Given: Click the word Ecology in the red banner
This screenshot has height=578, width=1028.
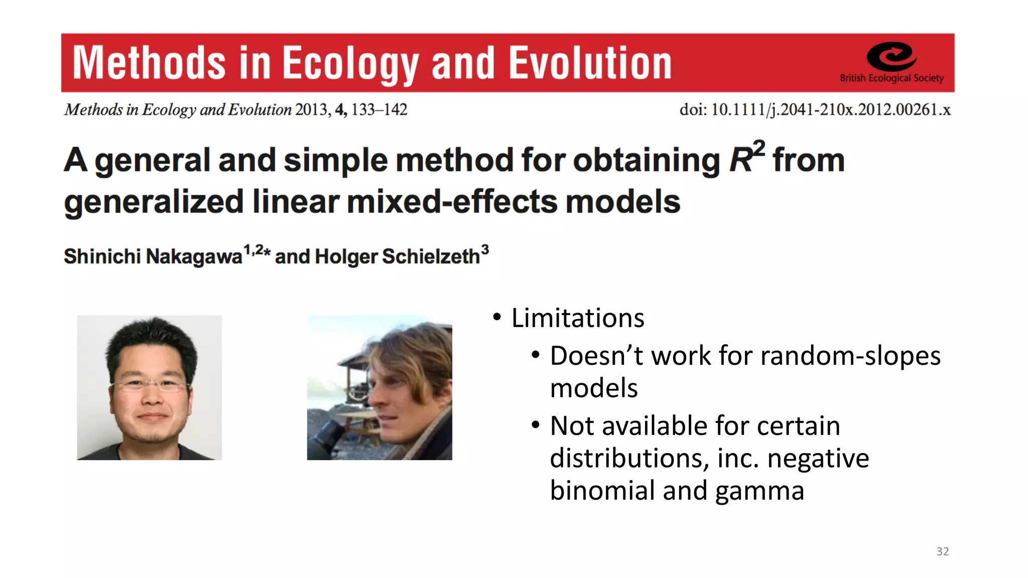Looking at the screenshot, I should point(350,63).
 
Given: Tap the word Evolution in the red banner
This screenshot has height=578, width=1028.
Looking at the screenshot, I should point(590,63).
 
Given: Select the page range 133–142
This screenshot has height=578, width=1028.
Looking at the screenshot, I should point(379,109).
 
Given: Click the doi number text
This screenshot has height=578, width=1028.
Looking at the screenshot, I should point(830,109).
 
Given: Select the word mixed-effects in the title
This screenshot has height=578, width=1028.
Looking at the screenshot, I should point(452,202).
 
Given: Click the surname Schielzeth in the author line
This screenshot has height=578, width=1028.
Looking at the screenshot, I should point(431,256).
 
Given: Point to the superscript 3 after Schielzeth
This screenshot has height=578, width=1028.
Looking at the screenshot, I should point(485,249).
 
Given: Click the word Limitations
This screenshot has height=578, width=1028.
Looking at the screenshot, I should point(577,318).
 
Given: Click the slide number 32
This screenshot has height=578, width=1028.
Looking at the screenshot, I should point(942,551).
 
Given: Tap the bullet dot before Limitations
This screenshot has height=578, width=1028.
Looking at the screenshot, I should point(497,317).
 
